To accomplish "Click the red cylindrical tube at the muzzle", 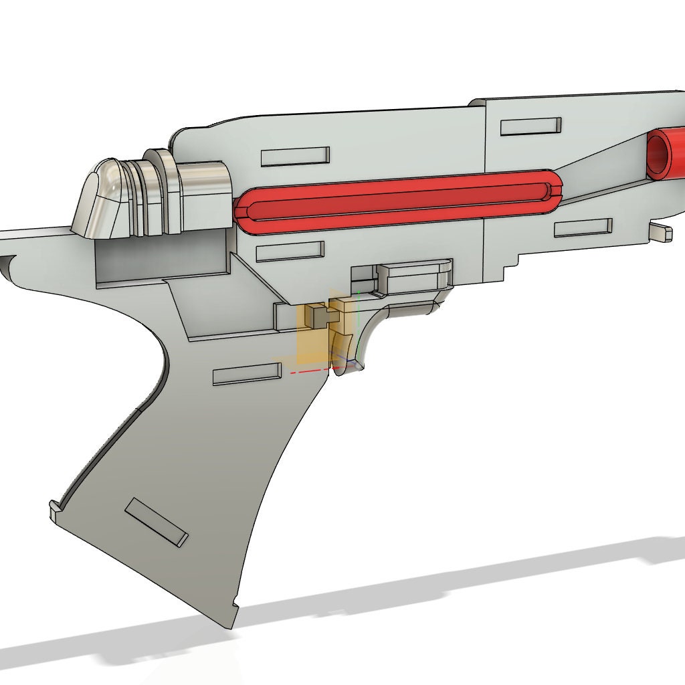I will point(666,155).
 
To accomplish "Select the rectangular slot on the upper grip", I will point(246,373).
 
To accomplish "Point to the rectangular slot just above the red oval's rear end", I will point(295,157).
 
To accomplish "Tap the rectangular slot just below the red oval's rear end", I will point(290,252).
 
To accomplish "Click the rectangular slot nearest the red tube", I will point(530,126).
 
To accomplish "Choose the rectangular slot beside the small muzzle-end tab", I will point(583,227).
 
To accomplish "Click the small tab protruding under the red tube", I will point(661,232).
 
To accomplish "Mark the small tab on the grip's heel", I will point(54,512).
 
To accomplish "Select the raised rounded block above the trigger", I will point(415,275).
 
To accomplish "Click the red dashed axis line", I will point(314,369).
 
